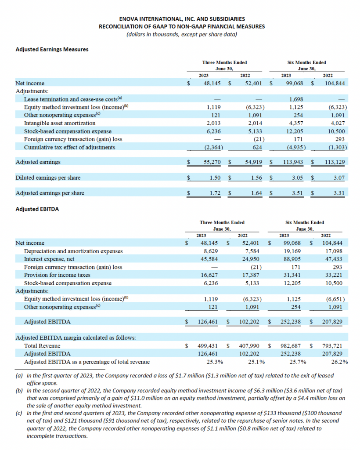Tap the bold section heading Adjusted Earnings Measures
[52, 49]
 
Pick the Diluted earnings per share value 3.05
[299, 178]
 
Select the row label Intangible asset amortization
[60, 123]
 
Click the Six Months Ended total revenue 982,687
[293, 345]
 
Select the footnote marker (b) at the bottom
[19, 390]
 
